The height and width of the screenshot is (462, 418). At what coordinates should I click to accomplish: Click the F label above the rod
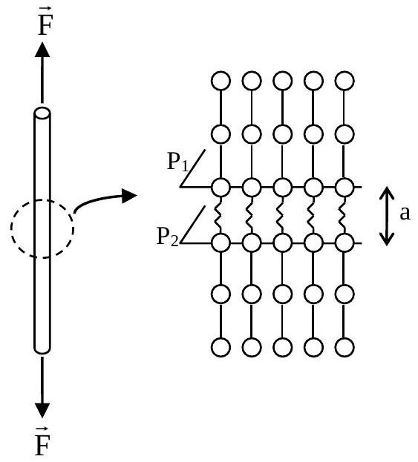point(45,23)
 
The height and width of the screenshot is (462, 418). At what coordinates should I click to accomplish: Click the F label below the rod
point(42,443)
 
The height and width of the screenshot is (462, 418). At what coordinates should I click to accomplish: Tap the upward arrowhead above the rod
point(42,50)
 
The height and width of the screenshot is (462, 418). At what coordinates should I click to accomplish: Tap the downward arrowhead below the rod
point(42,410)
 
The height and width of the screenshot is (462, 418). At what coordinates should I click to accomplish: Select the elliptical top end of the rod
point(42,113)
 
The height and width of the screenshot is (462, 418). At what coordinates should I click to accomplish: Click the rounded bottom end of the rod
point(42,349)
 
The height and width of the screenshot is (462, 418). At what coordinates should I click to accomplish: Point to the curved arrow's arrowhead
point(129,195)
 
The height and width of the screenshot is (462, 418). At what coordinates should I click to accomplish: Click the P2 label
point(168,237)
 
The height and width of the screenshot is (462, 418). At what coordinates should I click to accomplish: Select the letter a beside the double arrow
point(405,213)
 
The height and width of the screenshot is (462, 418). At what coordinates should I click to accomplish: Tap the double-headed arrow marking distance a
point(386,217)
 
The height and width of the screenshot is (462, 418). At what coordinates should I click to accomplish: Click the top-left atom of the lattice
point(221,81)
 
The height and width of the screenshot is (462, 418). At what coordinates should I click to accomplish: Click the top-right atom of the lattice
point(344,81)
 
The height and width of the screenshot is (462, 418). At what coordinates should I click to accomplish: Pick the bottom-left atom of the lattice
point(221,347)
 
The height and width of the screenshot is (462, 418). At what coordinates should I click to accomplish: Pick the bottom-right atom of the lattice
point(344,347)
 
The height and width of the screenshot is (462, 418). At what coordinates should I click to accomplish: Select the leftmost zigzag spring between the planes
point(218,215)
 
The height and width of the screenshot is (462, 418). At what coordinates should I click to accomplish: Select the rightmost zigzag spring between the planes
point(342,215)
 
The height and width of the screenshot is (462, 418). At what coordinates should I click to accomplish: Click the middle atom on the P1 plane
point(283,187)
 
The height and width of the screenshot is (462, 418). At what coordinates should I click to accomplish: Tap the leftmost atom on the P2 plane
point(221,242)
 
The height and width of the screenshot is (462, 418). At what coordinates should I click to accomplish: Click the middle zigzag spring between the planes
point(280,215)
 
